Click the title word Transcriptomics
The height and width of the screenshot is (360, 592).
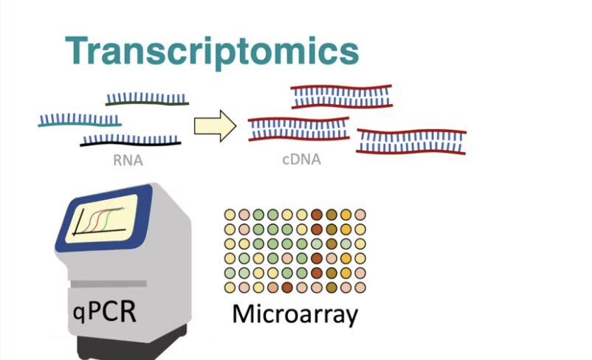tap(212, 50)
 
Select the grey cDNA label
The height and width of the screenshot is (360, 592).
tap(301, 159)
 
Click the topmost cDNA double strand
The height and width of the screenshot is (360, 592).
tap(341, 97)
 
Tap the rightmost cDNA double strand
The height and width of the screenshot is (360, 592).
tap(411, 141)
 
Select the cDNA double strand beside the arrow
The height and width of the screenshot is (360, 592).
tap(298, 128)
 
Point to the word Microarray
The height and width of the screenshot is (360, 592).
tap(295, 314)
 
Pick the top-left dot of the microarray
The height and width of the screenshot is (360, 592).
tap(230, 215)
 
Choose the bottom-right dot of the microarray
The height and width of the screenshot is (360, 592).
tap(359, 287)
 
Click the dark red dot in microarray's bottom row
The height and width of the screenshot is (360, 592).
tap(287, 287)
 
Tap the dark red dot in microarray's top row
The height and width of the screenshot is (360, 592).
tap(316, 215)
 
